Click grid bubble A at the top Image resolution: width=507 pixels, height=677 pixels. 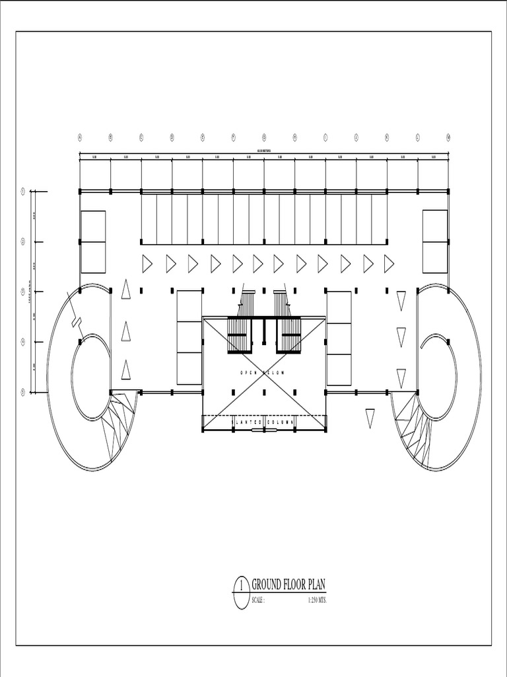[80, 138]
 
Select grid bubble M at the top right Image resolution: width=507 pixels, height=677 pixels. [448, 138]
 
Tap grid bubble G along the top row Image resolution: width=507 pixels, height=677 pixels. [264, 138]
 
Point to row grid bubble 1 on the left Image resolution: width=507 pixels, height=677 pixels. [22, 192]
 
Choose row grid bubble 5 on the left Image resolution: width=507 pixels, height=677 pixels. [22, 392]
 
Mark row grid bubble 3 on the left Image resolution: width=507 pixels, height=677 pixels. [22, 292]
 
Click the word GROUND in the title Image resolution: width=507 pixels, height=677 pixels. [271, 584]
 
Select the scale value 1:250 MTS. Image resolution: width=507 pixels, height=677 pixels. [317, 600]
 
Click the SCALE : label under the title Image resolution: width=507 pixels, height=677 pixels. [258, 600]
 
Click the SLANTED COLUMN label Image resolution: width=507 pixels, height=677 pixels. [263, 421]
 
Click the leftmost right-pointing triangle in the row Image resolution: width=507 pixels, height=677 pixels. [147, 264]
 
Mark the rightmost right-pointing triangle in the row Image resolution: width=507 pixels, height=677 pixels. [389, 264]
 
